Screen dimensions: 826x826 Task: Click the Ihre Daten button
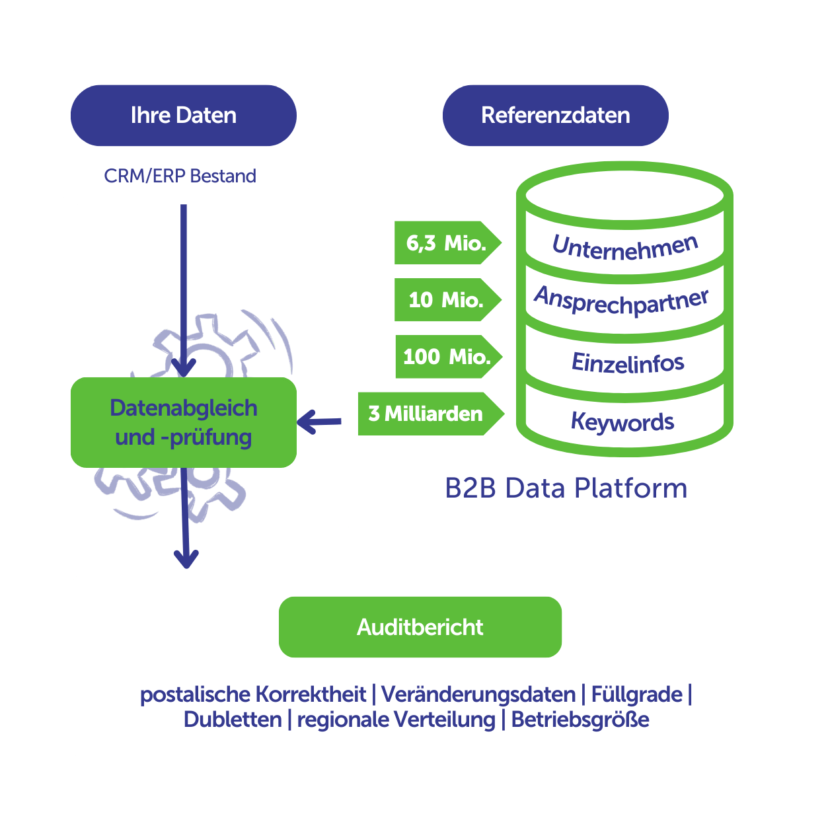183,116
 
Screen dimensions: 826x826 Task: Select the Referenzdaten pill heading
555,116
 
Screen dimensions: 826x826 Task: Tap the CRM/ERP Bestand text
180,176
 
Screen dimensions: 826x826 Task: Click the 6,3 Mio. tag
446,243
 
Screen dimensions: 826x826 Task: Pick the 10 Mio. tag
446,300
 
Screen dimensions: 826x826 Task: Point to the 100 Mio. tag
447,357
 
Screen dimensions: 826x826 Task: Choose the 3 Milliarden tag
428,414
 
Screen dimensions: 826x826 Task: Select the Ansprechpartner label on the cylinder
621,301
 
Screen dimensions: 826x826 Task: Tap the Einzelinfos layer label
628,363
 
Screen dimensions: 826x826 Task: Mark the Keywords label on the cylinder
622,422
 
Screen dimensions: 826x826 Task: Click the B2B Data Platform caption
566,488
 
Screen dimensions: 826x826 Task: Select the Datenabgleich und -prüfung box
184,422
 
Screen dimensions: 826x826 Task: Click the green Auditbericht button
420,627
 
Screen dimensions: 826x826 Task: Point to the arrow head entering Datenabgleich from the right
306,422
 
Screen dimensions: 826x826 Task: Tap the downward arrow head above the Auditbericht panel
186,560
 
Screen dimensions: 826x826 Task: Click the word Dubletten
233,720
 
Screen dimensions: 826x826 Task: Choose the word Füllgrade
636,695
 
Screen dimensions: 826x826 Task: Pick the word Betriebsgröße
580,720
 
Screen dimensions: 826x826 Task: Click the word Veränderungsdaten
478,695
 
